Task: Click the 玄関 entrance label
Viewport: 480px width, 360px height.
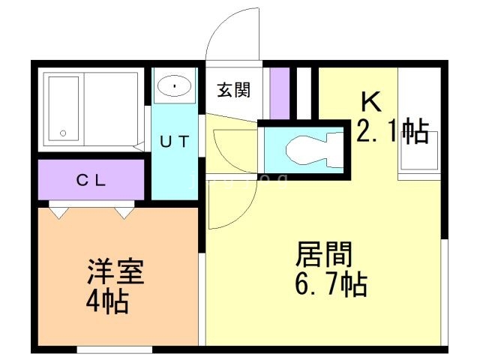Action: coord(233,90)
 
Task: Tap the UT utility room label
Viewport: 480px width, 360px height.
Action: coord(175,142)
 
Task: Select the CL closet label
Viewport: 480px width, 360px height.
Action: coord(91,180)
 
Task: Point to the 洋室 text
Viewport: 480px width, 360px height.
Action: coord(115,271)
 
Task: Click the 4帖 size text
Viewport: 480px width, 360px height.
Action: coord(107,301)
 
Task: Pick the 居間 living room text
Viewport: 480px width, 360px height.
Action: coord(323,253)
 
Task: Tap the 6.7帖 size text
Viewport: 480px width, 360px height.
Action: coord(331,283)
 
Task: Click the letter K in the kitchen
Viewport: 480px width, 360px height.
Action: coord(371,102)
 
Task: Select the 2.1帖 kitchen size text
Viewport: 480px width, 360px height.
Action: coord(392,130)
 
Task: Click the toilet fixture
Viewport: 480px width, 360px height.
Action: coord(314,150)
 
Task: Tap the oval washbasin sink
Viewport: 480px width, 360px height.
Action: coord(175,85)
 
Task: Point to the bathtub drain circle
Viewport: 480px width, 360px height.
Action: coord(63,133)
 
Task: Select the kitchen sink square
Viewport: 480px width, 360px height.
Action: coord(418,150)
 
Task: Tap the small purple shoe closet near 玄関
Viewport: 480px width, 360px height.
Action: coord(280,93)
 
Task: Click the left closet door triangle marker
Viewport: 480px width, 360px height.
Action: coord(58,213)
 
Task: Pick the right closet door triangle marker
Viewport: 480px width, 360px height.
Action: coord(124,213)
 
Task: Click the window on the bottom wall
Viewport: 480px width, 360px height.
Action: coord(115,349)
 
